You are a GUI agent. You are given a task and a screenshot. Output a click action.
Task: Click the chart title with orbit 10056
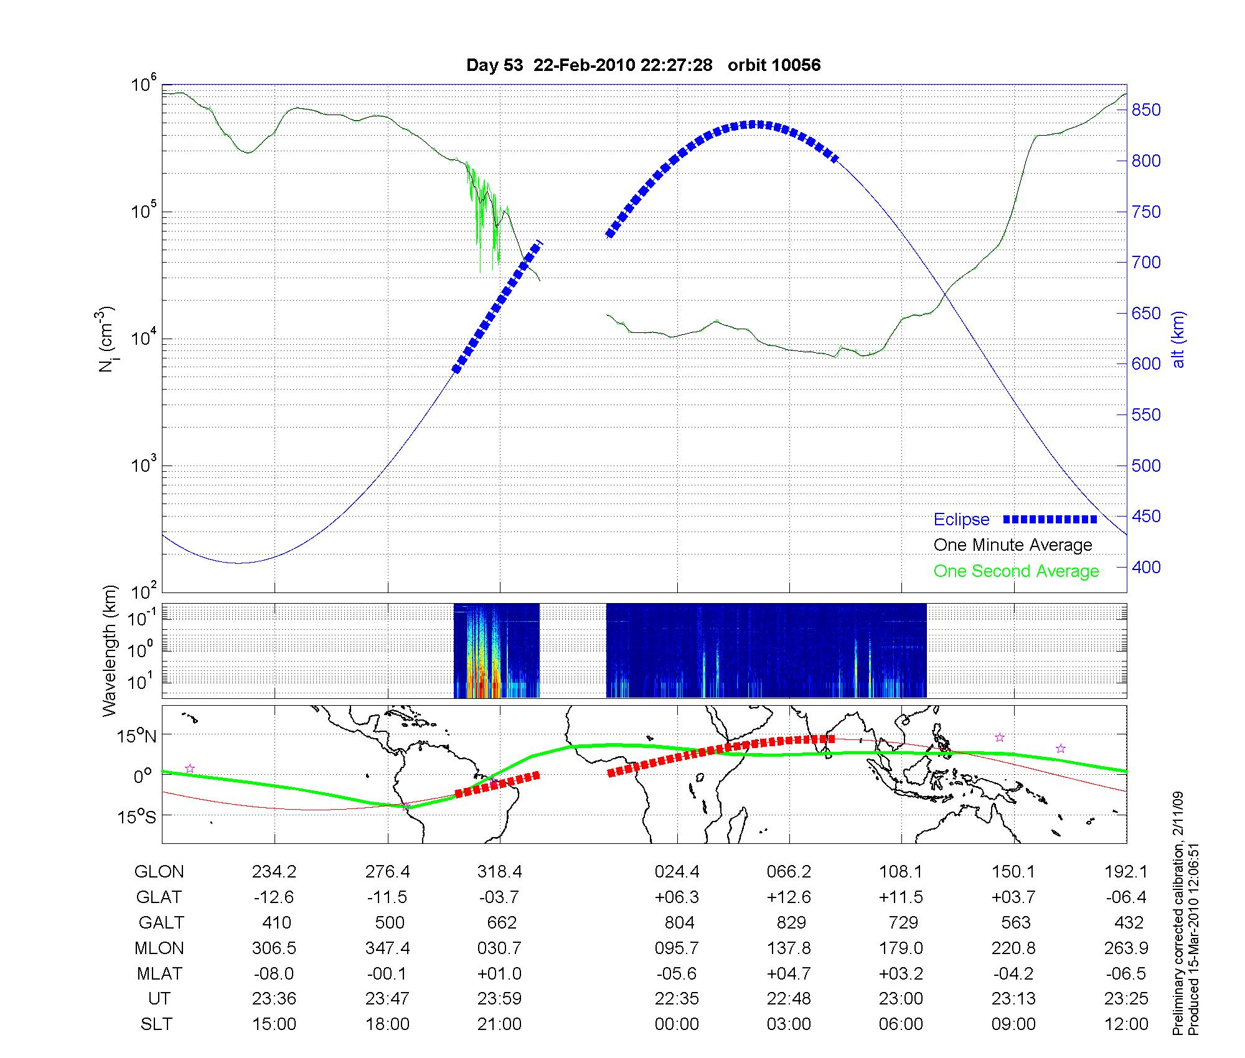pyautogui.click(x=643, y=65)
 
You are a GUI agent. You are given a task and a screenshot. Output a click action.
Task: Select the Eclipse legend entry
pyautogui.click(x=961, y=520)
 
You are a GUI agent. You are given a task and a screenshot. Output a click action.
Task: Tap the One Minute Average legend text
pyautogui.click(x=1013, y=545)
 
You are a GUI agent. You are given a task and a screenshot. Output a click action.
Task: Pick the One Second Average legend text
pyautogui.click(x=1016, y=571)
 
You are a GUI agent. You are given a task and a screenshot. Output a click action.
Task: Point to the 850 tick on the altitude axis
pyautogui.click(x=1146, y=110)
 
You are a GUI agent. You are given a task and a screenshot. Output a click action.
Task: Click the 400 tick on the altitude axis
pyautogui.click(x=1146, y=567)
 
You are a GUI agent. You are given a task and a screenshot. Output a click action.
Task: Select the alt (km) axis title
pyautogui.click(x=1178, y=339)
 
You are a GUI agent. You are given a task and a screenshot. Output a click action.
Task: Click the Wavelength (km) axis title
pyautogui.click(x=110, y=650)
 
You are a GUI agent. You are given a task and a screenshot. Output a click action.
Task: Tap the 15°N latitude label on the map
pyautogui.click(x=136, y=736)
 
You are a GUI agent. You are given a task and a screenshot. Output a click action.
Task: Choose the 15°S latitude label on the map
pyautogui.click(x=137, y=816)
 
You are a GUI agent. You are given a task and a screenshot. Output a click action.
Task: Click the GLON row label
pyautogui.click(x=159, y=872)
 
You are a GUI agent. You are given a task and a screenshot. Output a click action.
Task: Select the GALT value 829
pyautogui.click(x=791, y=922)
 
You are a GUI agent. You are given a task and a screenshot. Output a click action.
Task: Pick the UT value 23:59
pyautogui.click(x=499, y=999)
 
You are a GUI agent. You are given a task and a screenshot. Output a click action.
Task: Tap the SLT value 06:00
pyautogui.click(x=901, y=1024)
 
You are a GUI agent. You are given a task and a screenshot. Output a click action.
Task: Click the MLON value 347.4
pyautogui.click(x=387, y=948)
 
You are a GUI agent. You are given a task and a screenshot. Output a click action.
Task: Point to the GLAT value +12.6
pyautogui.click(x=789, y=897)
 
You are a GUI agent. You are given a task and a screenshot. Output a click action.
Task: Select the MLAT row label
pyautogui.click(x=159, y=973)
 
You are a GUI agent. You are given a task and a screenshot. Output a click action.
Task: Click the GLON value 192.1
pyautogui.click(x=1125, y=872)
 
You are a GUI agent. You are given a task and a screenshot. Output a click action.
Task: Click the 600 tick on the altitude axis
pyautogui.click(x=1146, y=364)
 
